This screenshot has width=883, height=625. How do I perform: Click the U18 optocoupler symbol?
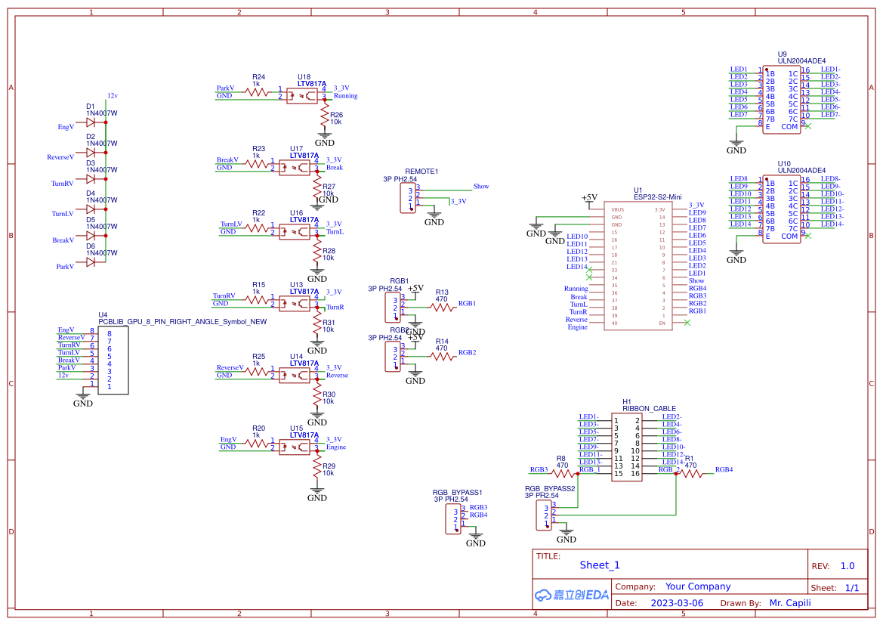pos(301,95)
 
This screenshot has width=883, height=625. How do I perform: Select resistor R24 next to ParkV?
pos(258,91)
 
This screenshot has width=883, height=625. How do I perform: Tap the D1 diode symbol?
pos(91,122)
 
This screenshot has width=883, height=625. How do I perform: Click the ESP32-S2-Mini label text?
pos(657,197)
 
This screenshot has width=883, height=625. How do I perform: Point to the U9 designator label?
pos(782,54)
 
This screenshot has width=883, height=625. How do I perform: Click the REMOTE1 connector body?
pos(408,198)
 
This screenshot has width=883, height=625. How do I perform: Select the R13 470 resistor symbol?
pos(443,307)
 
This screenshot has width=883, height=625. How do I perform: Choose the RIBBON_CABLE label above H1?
pos(649,408)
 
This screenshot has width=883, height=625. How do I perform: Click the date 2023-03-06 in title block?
pos(676,603)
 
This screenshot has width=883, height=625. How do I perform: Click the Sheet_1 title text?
pos(600,565)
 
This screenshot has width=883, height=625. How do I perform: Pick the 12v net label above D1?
pos(112,96)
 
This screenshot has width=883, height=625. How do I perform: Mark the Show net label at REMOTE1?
pos(480,186)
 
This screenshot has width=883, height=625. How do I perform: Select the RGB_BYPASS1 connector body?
pos(453,518)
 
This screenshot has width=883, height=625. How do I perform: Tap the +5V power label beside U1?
pos(589,198)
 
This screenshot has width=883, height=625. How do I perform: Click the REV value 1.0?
pos(847,566)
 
